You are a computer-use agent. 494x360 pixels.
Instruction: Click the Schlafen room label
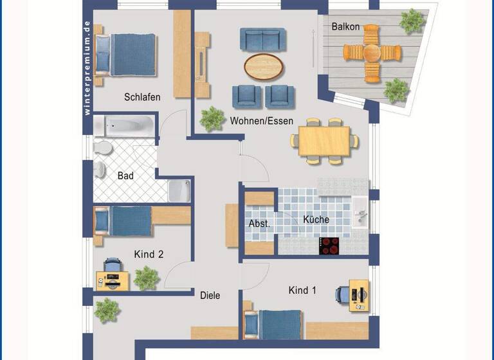coord(142,97)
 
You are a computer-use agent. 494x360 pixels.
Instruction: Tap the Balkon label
coord(345,27)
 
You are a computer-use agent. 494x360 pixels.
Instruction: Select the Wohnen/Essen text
coord(261,120)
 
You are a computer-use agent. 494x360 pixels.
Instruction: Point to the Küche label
coord(316,219)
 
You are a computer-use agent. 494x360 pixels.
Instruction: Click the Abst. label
coord(259,224)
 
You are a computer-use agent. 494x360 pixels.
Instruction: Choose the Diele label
coord(210,296)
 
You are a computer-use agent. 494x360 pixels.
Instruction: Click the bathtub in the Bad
coord(125,125)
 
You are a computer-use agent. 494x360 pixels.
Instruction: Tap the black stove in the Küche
coord(329,246)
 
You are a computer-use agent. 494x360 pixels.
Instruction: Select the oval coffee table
coord(263,64)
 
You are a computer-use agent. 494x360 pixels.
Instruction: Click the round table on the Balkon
coord(371,52)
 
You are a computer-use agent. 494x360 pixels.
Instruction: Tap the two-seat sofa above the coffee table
coord(261,39)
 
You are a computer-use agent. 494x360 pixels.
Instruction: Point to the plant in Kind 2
coord(147,278)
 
